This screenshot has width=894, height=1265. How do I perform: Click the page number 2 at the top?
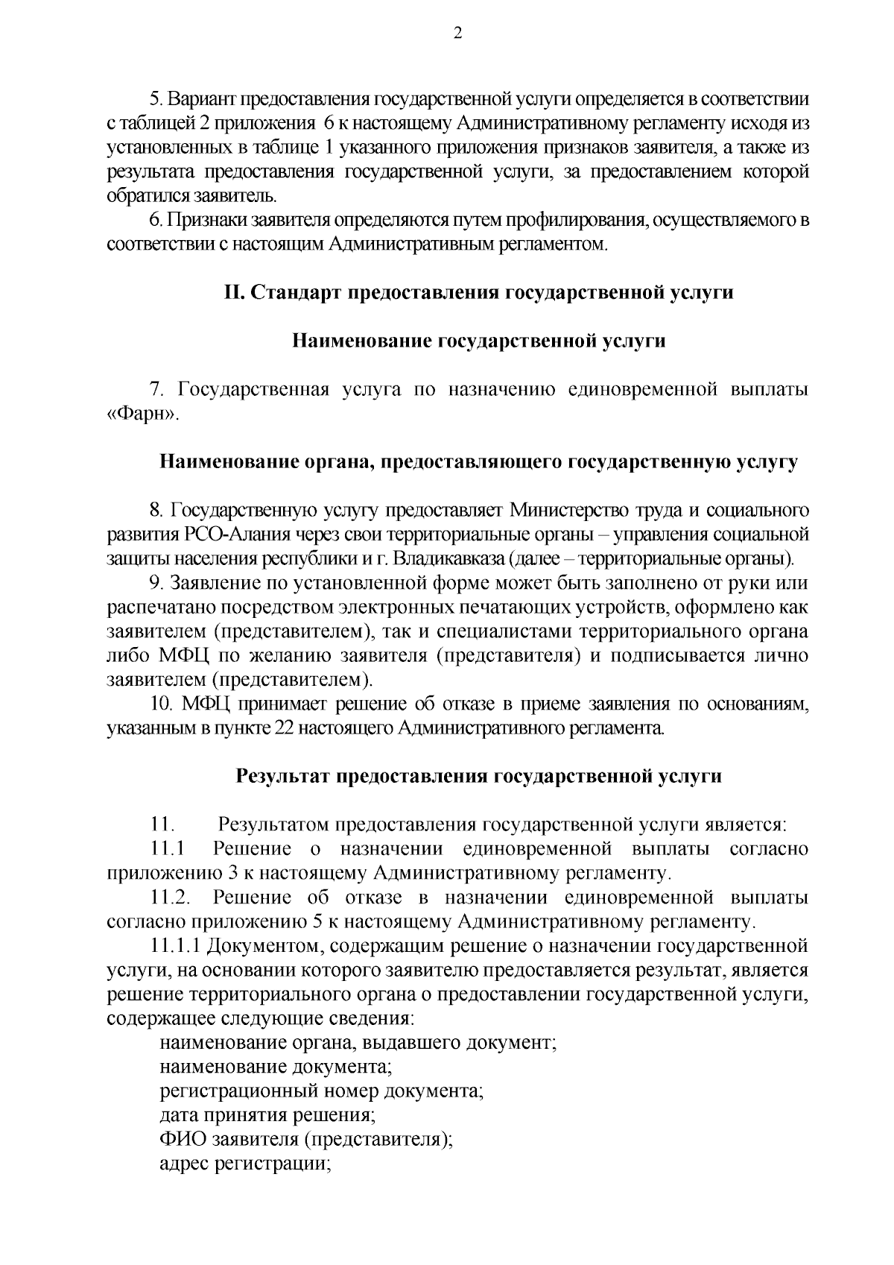click(457, 33)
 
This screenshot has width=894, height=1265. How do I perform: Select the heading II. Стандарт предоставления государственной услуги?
click(478, 292)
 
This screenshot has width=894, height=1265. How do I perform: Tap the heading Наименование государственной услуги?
click(478, 341)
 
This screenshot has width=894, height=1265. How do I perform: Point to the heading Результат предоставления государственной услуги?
click(478, 776)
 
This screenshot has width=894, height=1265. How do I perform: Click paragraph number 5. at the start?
click(156, 100)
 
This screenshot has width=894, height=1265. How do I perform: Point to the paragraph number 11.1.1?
click(177, 946)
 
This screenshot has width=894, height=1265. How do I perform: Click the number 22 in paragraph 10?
click(284, 728)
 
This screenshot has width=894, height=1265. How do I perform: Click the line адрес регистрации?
click(245, 1164)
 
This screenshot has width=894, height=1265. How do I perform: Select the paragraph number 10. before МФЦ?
click(162, 704)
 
